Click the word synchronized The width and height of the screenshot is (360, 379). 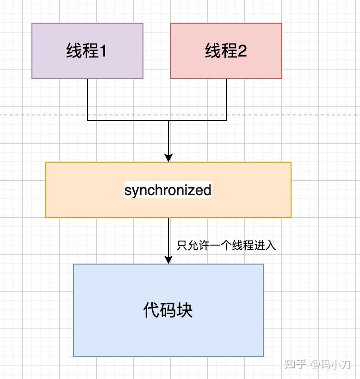pos(168,190)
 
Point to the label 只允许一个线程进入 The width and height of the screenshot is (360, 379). pos(226,245)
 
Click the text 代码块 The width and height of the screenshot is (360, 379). pos(168,310)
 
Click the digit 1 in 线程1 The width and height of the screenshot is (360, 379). pos(103,51)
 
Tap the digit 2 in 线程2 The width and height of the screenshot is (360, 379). pos(242,51)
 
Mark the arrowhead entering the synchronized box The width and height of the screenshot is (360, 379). pos(168,158)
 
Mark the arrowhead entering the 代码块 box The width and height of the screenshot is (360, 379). pos(168,259)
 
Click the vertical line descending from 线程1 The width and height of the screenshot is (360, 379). pos(87,100)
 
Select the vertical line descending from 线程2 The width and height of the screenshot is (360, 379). pos(226,100)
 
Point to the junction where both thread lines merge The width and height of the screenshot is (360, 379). pos(168,120)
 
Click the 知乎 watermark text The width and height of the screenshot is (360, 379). pos(295,365)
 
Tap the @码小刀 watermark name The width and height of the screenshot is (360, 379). pos(331,365)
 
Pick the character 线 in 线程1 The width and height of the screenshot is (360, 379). pos(74,51)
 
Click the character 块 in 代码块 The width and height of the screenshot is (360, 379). pos(184,310)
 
